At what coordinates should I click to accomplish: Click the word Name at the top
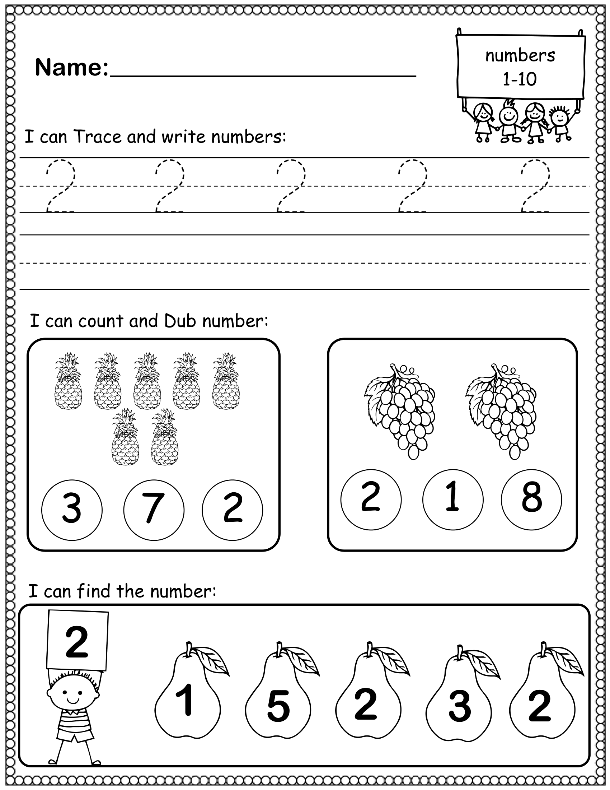71,68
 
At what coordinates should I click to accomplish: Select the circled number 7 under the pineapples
154,510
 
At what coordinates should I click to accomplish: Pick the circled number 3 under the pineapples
72,510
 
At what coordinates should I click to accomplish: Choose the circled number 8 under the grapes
531,499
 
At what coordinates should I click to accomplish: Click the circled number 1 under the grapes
452,499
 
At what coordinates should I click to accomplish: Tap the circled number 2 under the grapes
371,499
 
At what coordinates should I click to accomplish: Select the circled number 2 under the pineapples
233,510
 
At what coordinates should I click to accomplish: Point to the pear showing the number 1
188,702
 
